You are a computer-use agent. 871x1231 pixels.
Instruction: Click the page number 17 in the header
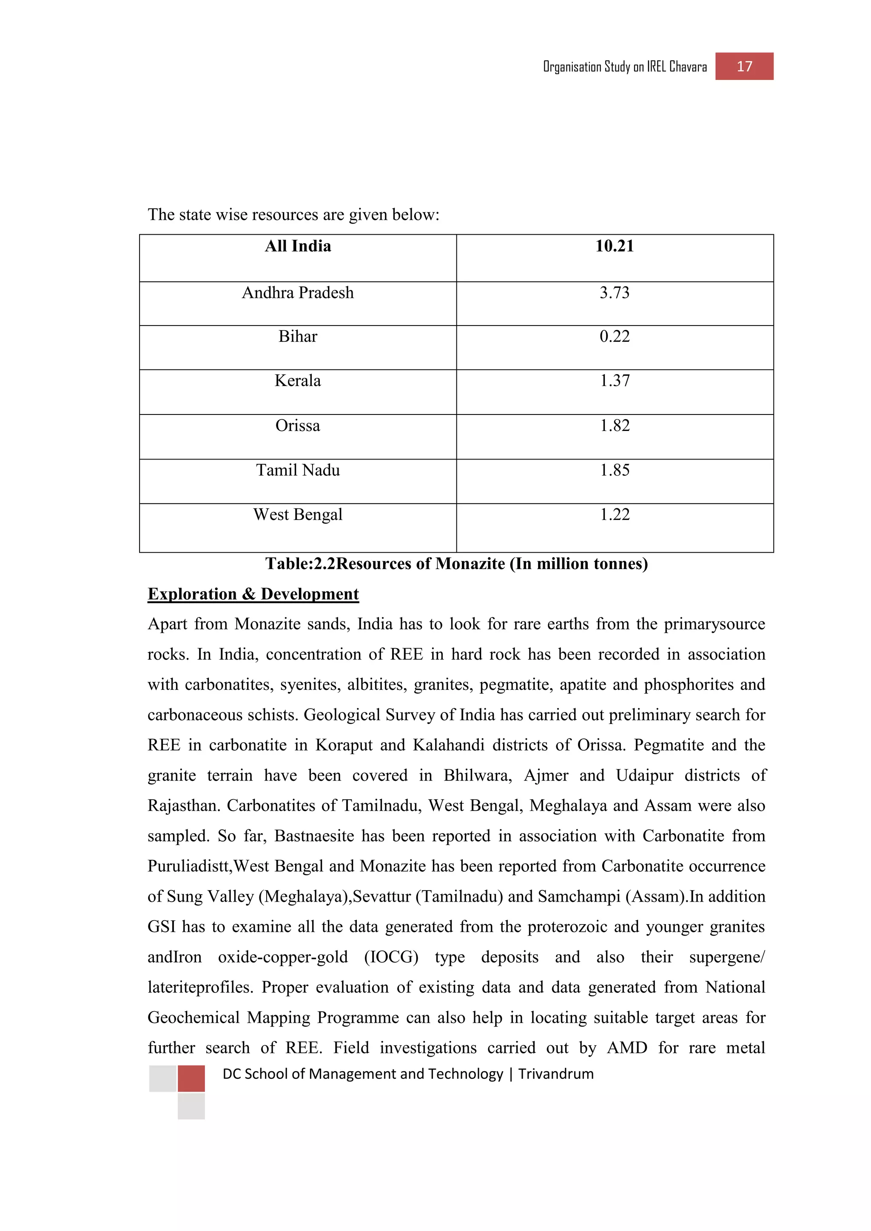(x=744, y=66)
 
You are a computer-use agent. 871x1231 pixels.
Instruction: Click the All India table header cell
(x=298, y=246)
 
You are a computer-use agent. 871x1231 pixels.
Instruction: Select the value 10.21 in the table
(x=614, y=246)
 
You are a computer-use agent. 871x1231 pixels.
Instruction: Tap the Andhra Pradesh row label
(x=298, y=293)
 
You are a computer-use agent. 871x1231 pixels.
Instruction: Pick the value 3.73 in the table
(x=614, y=293)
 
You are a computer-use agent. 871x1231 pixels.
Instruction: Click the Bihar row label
(x=298, y=337)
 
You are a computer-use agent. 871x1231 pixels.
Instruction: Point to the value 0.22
(x=614, y=337)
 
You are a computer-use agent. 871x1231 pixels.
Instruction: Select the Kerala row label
(x=298, y=381)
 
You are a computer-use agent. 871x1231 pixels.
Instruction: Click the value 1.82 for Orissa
(x=614, y=425)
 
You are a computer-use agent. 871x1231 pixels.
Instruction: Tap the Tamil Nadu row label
(x=298, y=470)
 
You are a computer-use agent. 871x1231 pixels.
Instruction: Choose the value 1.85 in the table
(x=614, y=470)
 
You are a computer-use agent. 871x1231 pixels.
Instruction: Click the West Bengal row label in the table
(x=298, y=515)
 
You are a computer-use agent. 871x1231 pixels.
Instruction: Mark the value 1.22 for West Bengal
(x=614, y=515)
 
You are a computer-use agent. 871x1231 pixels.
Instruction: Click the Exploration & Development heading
(x=253, y=594)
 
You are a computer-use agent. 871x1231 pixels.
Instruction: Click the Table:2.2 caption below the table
(x=456, y=564)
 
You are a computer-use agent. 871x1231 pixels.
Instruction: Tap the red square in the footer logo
(x=191, y=1079)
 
